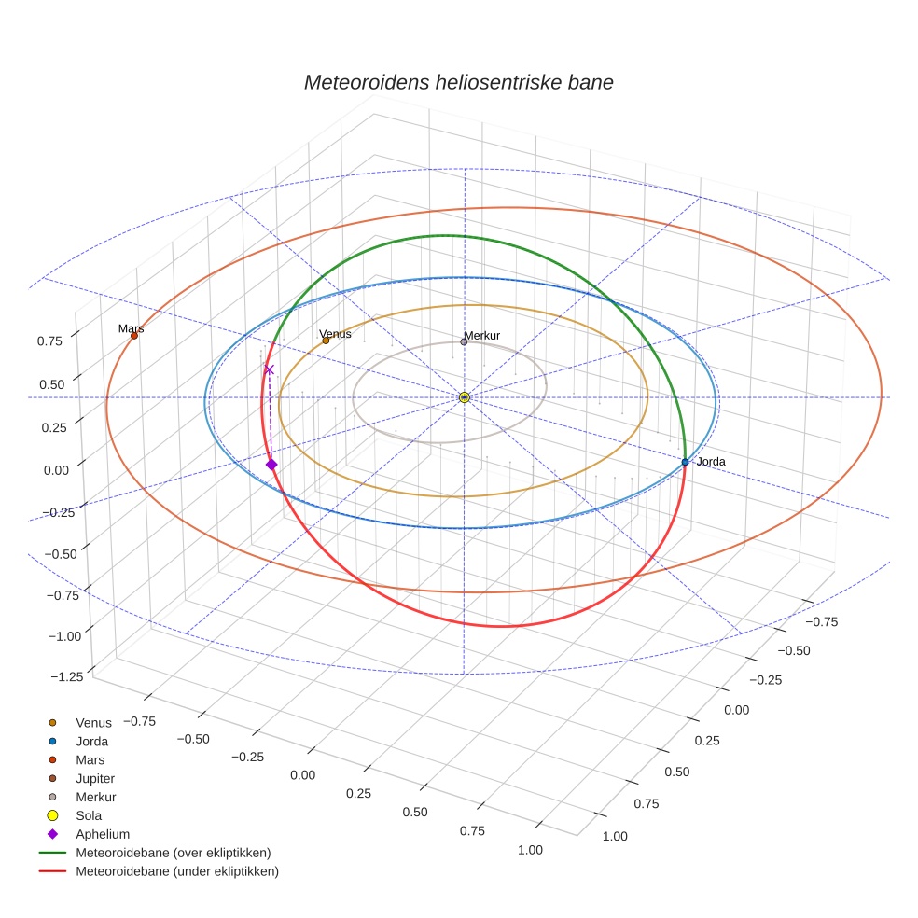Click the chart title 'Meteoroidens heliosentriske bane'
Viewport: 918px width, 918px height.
point(458,82)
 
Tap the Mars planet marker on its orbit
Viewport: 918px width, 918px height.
point(134,336)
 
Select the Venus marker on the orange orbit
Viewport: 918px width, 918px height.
point(326,341)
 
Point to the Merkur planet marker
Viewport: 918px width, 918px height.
point(464,341)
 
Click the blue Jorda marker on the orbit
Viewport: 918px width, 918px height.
point(685,462)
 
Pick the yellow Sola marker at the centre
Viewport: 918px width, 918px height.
point(464,397)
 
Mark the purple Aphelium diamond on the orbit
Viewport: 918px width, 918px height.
point(271,465)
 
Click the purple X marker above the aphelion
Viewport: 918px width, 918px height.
point(270,369)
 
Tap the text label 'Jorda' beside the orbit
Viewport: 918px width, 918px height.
point(711,462)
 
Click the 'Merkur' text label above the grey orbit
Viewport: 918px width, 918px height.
point(481,335)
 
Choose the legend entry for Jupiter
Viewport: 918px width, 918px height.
point(95,778)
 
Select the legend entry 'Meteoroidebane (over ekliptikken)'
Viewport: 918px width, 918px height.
point(173,853)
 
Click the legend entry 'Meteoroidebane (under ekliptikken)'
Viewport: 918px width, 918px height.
point(176,871)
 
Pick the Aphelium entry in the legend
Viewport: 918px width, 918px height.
point(102,834)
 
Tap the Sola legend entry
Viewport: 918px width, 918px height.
point(89,815)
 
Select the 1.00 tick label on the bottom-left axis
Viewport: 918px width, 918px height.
point(528,850)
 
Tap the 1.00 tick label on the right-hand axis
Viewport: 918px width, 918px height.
point(614,836)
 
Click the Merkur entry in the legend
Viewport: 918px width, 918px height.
point(95,797)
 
